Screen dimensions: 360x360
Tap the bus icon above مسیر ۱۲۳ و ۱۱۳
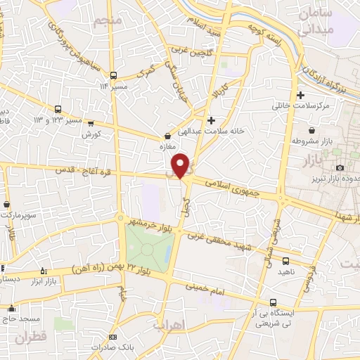tap(58, 110)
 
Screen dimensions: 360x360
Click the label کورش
tap(92, 134)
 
